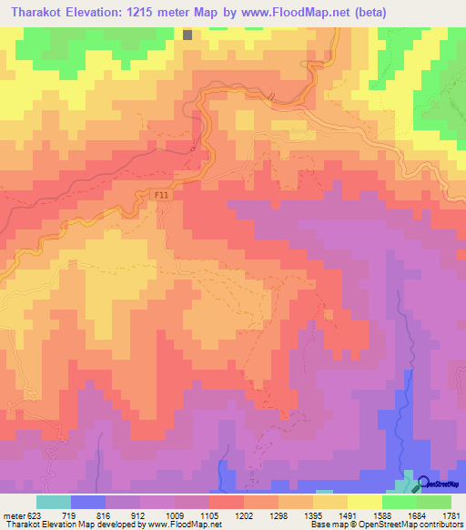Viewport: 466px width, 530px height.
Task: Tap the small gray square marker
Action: [x=187, y=35]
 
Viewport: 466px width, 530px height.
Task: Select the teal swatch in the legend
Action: [x=53, y=502]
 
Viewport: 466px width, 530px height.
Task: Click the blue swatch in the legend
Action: [x=87, y=502]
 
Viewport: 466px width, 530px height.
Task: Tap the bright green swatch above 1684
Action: [x=399, y=502]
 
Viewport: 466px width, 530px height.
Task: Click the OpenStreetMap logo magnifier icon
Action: [x=421, y=484]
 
